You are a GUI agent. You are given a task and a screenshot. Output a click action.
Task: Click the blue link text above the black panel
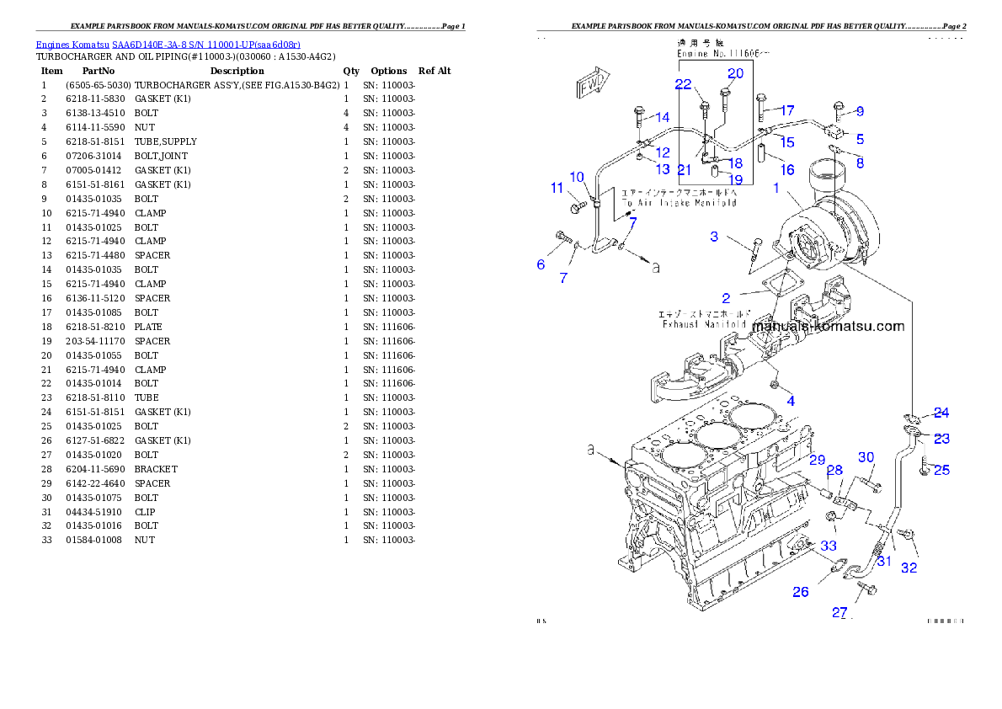pyautogui.click(x=168, y=44)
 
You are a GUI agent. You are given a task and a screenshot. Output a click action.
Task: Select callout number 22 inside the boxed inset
pyautogui.click(x=682, y=84)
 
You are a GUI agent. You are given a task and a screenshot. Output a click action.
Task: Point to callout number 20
pyautogui.click(x=735, y=73)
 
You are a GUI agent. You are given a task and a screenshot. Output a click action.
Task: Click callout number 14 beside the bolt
pyautogui.click(x=663, y=118)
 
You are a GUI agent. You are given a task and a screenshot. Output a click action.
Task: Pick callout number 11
pyautogui.click(x=557, y=188)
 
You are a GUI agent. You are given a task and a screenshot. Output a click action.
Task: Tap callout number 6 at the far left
pyautogui.click(x=541, y=264)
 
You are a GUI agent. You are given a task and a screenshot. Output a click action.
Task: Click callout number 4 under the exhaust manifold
pyautogui.click(x=791, y=402)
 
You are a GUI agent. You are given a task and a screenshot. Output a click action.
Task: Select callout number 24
pyautogui.click(x=941, y=413)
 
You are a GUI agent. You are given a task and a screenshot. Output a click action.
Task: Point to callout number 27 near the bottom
pyautogui.click(x=839, y=612)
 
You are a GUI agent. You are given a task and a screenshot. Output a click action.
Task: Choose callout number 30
pyautogui.click(x=866, y=457)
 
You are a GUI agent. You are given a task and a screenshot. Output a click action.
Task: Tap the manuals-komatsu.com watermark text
pyautogui.click(x=828, y=327)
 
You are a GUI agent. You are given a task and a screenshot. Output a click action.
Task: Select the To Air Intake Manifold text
pyautogui.click(x=679, y=203)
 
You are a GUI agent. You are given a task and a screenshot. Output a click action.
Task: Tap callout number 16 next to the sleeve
pyautogui.click(x=786, y=170)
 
